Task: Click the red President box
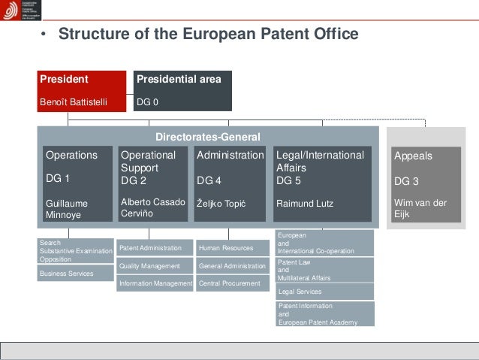pos(82,90)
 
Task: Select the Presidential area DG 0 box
pos(182,90)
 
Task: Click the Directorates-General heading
pos(207,137)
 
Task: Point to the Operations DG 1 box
pos(77,183)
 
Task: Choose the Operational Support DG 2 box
pos(152,183)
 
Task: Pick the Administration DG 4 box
pos(230,183)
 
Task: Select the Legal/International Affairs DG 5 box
pos(322,183)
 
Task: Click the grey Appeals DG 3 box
pos(425,183)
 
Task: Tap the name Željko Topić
pos(222,204)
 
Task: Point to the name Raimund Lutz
pos(305,204)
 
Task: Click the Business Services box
pos(75,274)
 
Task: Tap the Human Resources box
pos(232,247)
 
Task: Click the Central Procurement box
pos(232,284)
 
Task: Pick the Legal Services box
pos(325,291)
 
